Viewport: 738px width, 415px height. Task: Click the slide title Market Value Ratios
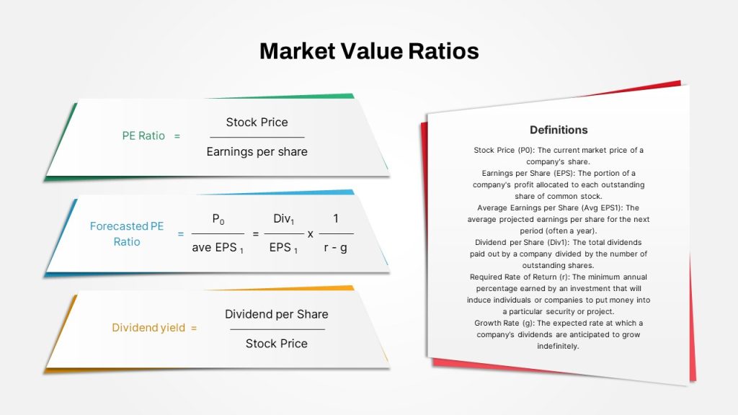pos(369,51)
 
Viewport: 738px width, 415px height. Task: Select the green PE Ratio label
pos(143,136)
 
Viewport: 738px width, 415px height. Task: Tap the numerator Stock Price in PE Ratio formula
pos(257,122)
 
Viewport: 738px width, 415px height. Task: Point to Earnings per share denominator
pos(257,152)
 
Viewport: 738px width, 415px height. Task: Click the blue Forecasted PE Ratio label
pos(127,234)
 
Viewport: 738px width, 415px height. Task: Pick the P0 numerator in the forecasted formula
pos(218,219)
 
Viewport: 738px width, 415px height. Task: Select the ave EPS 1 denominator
pos(218,248)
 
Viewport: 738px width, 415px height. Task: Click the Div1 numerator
pos(284,219)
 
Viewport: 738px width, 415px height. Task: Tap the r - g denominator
pos(336,248)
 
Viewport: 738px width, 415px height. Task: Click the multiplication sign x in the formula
pos(310,234)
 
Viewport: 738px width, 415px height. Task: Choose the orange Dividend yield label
pos(148,328)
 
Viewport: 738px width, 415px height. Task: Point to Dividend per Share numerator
pos(276,314)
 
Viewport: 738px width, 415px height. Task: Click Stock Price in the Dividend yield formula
pos(276,344)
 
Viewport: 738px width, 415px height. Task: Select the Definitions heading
pos(559,130)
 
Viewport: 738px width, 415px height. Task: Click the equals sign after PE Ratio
pos(177,136)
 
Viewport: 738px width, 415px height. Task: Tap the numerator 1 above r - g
pos(336,218)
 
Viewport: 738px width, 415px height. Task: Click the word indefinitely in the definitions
pos(558,347)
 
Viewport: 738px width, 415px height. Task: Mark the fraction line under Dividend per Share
pos(277,329)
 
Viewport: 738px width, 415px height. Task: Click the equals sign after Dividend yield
pos(193,328)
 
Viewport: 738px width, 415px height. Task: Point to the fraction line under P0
pos(218,233)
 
